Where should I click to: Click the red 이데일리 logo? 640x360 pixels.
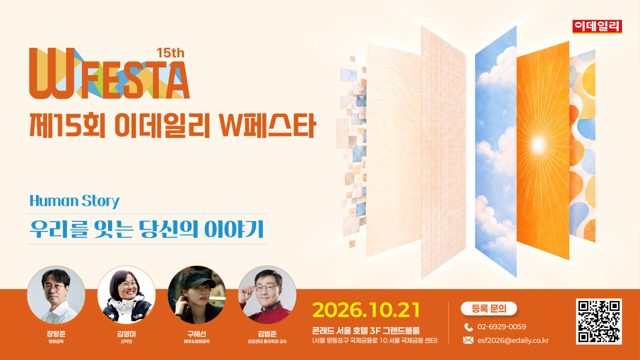(597, 26)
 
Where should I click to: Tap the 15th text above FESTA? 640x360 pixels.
(170, 53)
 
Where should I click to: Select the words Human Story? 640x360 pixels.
(74, 201)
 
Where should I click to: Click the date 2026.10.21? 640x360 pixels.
(366, 310)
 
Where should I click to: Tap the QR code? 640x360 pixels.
(599, 321)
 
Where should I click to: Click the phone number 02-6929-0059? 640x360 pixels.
(501, 326)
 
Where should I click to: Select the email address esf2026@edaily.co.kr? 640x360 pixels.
(513, 340)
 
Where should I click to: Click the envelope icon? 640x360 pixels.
(468, 340)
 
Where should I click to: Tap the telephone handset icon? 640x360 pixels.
(468, 327)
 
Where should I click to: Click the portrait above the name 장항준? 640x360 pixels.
(56, 295)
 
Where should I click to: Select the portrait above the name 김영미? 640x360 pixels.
(126, 295)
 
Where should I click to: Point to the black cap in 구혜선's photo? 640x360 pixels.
(197, 279)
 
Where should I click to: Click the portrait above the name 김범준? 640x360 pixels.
(267, 295)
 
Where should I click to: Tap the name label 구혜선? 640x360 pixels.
(196, 333)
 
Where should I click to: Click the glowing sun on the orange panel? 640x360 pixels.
(538, 143)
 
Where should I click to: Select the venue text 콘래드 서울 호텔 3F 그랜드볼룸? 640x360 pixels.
(365, 330)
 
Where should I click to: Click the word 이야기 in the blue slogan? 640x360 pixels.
(234, 229)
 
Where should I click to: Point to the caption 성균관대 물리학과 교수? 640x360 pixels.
(267, 341)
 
